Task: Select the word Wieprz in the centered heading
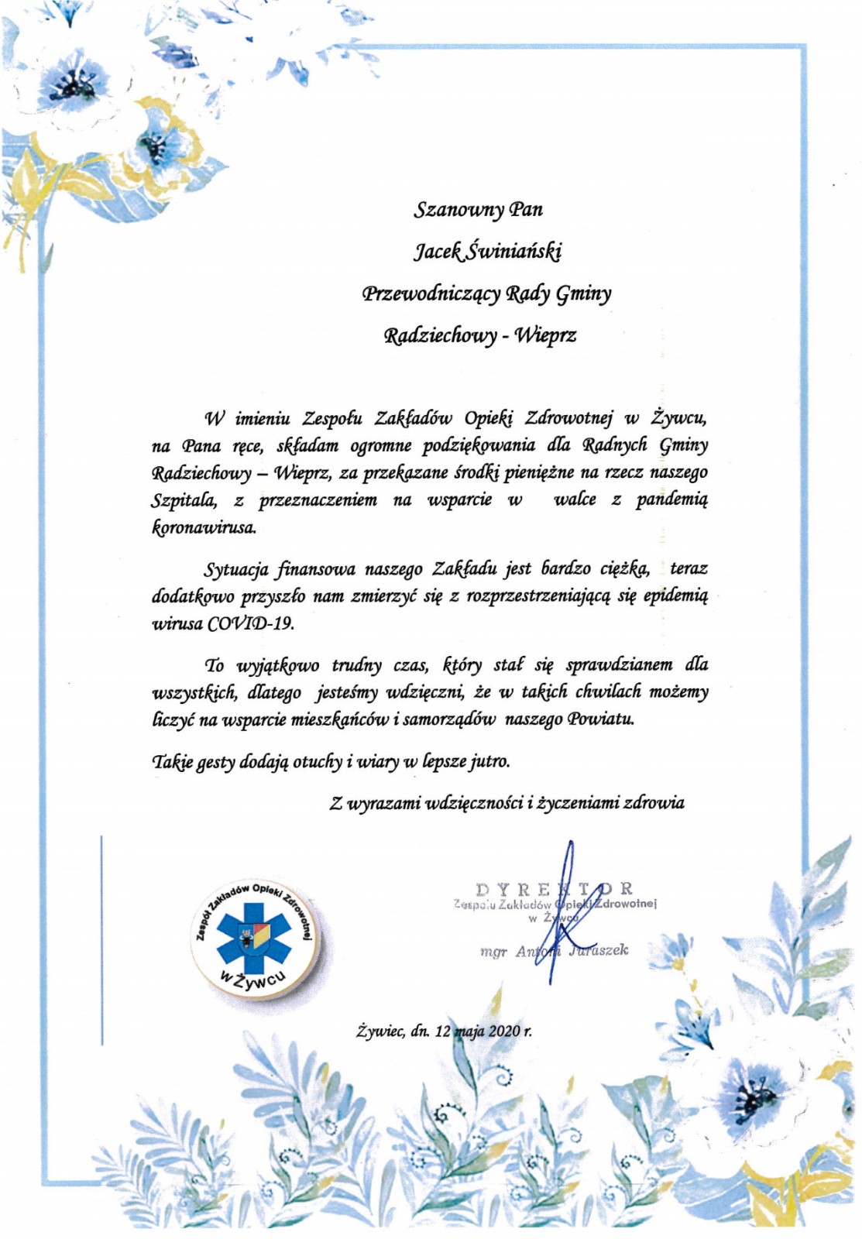pyautogui.click(x=546, y=335)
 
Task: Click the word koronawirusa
pyautogui.click(x=203, y=528)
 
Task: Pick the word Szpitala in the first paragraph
pyautogui.click(x=184, y=500)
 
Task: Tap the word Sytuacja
pyautogui.click(x=237, y=569)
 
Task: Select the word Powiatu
pyautogui.click(x=600, y=719)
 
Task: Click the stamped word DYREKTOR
pyautogui.click(x=555, y=888)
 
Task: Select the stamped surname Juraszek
pyautogui.click(x=599, y=950)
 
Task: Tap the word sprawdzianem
pyautogui.click(x=619, y=664)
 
